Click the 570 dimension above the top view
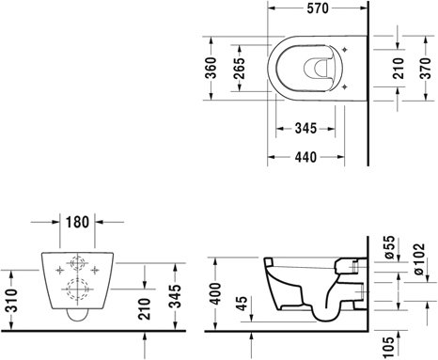(x=318, y=8)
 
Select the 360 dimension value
(x=211, y=68)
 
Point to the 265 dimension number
(x=240, y=68)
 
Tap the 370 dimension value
(x=426, y=68)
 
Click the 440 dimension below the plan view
(x=305, y=157)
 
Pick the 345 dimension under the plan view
(x=305, y=128)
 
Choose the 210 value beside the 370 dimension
(x=399, y=68)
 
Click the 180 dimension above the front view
(x=77, y=222)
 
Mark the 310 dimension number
(x=12, y=301)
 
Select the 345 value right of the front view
(x=175, y=296)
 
